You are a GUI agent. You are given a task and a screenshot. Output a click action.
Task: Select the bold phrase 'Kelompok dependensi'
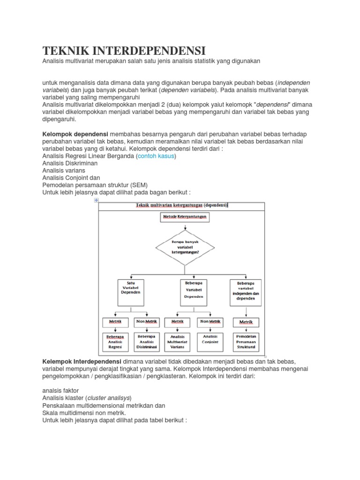[x=75, y=134]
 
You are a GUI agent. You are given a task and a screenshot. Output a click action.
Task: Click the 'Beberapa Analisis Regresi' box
[x=115, y=342]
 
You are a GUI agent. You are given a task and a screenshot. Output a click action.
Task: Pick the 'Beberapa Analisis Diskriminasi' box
[x=147, y=342]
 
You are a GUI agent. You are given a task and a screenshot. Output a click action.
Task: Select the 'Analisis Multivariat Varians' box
[x=178, y=342]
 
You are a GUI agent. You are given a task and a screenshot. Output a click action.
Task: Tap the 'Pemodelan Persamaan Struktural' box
[x=246, y=342]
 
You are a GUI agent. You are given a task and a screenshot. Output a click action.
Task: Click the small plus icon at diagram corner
[x=96, y=200]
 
